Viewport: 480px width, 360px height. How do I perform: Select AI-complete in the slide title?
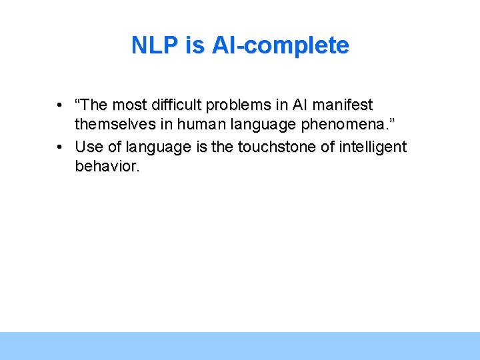pyautogui.click(x=280, y=45)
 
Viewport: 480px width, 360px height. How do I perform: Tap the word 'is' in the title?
pyautogui.click(x=197, y=45)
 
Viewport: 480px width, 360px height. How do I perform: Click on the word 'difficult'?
pyautogui.click(x=177, y=105)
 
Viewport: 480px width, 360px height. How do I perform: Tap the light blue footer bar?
pyautogui.click(x=240, y=345)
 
